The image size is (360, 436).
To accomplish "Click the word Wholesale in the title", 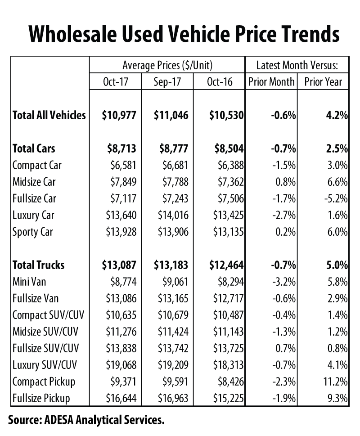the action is click(x=72, y=34).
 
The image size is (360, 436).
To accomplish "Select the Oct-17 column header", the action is click(x=116, y=82).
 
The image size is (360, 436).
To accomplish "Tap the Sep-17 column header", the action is click(x=167, y=82).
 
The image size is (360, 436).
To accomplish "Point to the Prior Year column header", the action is click(x=323, y=82).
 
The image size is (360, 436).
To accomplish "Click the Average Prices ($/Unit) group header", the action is click(x=167, y=65).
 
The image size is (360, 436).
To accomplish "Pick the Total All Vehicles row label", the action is click(x=49, y=115).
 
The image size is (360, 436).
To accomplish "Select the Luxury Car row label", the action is click(x=33, y=216).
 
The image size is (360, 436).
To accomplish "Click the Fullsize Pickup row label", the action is click(x=41, y=399).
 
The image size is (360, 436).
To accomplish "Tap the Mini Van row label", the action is click(x=29, y=282).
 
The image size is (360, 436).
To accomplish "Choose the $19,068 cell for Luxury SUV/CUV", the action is click(x=121, y=365).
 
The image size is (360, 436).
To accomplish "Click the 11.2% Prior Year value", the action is click(x=336, y=382).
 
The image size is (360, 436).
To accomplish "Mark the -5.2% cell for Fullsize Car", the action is click(x=336, y=198).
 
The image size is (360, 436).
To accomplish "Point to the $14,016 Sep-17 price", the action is click(x=173, y=216).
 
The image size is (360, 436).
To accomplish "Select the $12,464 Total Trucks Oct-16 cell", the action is click(x=226, y=265).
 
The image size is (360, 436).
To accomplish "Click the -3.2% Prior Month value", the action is click(x=284, y=282).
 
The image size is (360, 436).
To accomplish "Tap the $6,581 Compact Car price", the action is click(x=123, y=166).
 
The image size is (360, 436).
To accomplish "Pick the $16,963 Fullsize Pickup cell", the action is click(x=173, y=399).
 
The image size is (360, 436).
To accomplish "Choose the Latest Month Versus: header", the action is click(x=297, y=65).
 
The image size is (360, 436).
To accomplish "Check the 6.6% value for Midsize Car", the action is click(x=338, y=182).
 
